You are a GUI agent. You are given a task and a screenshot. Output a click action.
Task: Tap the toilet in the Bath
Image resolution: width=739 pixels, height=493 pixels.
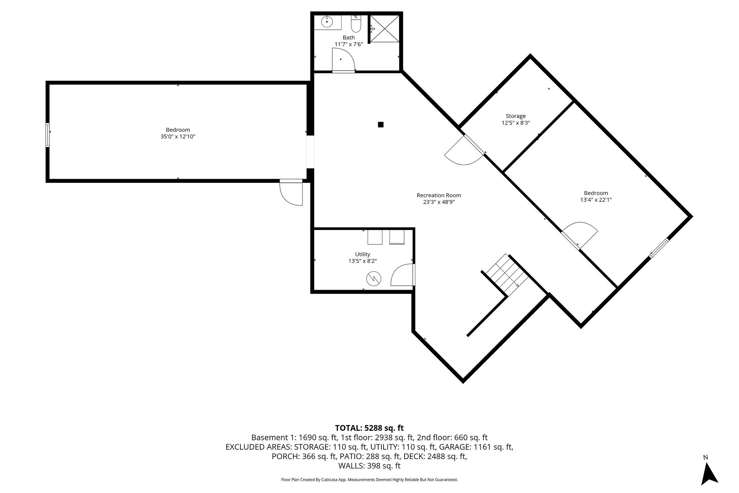pos(356,23)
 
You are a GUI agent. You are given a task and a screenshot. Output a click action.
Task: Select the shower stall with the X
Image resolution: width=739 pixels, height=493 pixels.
pos(385,29)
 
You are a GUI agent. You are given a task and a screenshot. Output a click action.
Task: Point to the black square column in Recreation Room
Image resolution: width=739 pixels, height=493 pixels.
pos(380,125)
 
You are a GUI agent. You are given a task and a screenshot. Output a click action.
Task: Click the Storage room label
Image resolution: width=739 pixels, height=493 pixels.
pos(515,116)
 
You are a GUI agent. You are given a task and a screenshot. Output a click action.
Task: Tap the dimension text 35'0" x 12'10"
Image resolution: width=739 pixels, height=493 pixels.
pos(178,137)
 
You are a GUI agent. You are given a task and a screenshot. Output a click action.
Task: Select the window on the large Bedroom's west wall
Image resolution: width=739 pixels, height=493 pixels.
pos(48,135)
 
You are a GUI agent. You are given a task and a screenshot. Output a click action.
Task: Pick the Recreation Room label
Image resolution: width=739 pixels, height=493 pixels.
pos(439,195)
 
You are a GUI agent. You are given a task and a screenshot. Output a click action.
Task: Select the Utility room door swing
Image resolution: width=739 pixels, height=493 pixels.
pos(402,275)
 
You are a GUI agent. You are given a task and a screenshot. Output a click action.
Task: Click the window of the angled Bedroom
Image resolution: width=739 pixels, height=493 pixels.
pos(659,248)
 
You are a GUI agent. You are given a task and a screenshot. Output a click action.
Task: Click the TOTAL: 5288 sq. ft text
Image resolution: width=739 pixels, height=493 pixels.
pos(369,428)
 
